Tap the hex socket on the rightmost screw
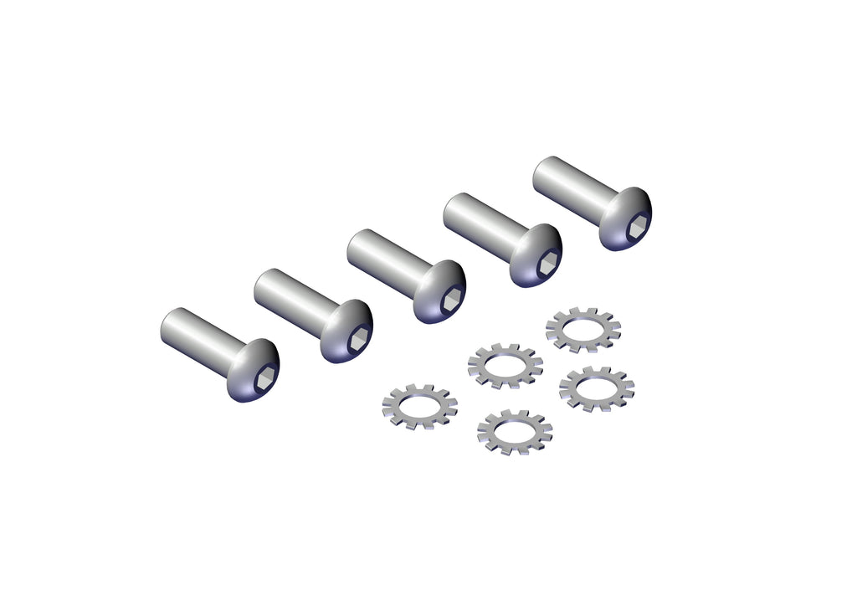coord(637,224)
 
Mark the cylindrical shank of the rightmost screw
coord(569,186)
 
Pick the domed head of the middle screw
coord(435,289)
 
